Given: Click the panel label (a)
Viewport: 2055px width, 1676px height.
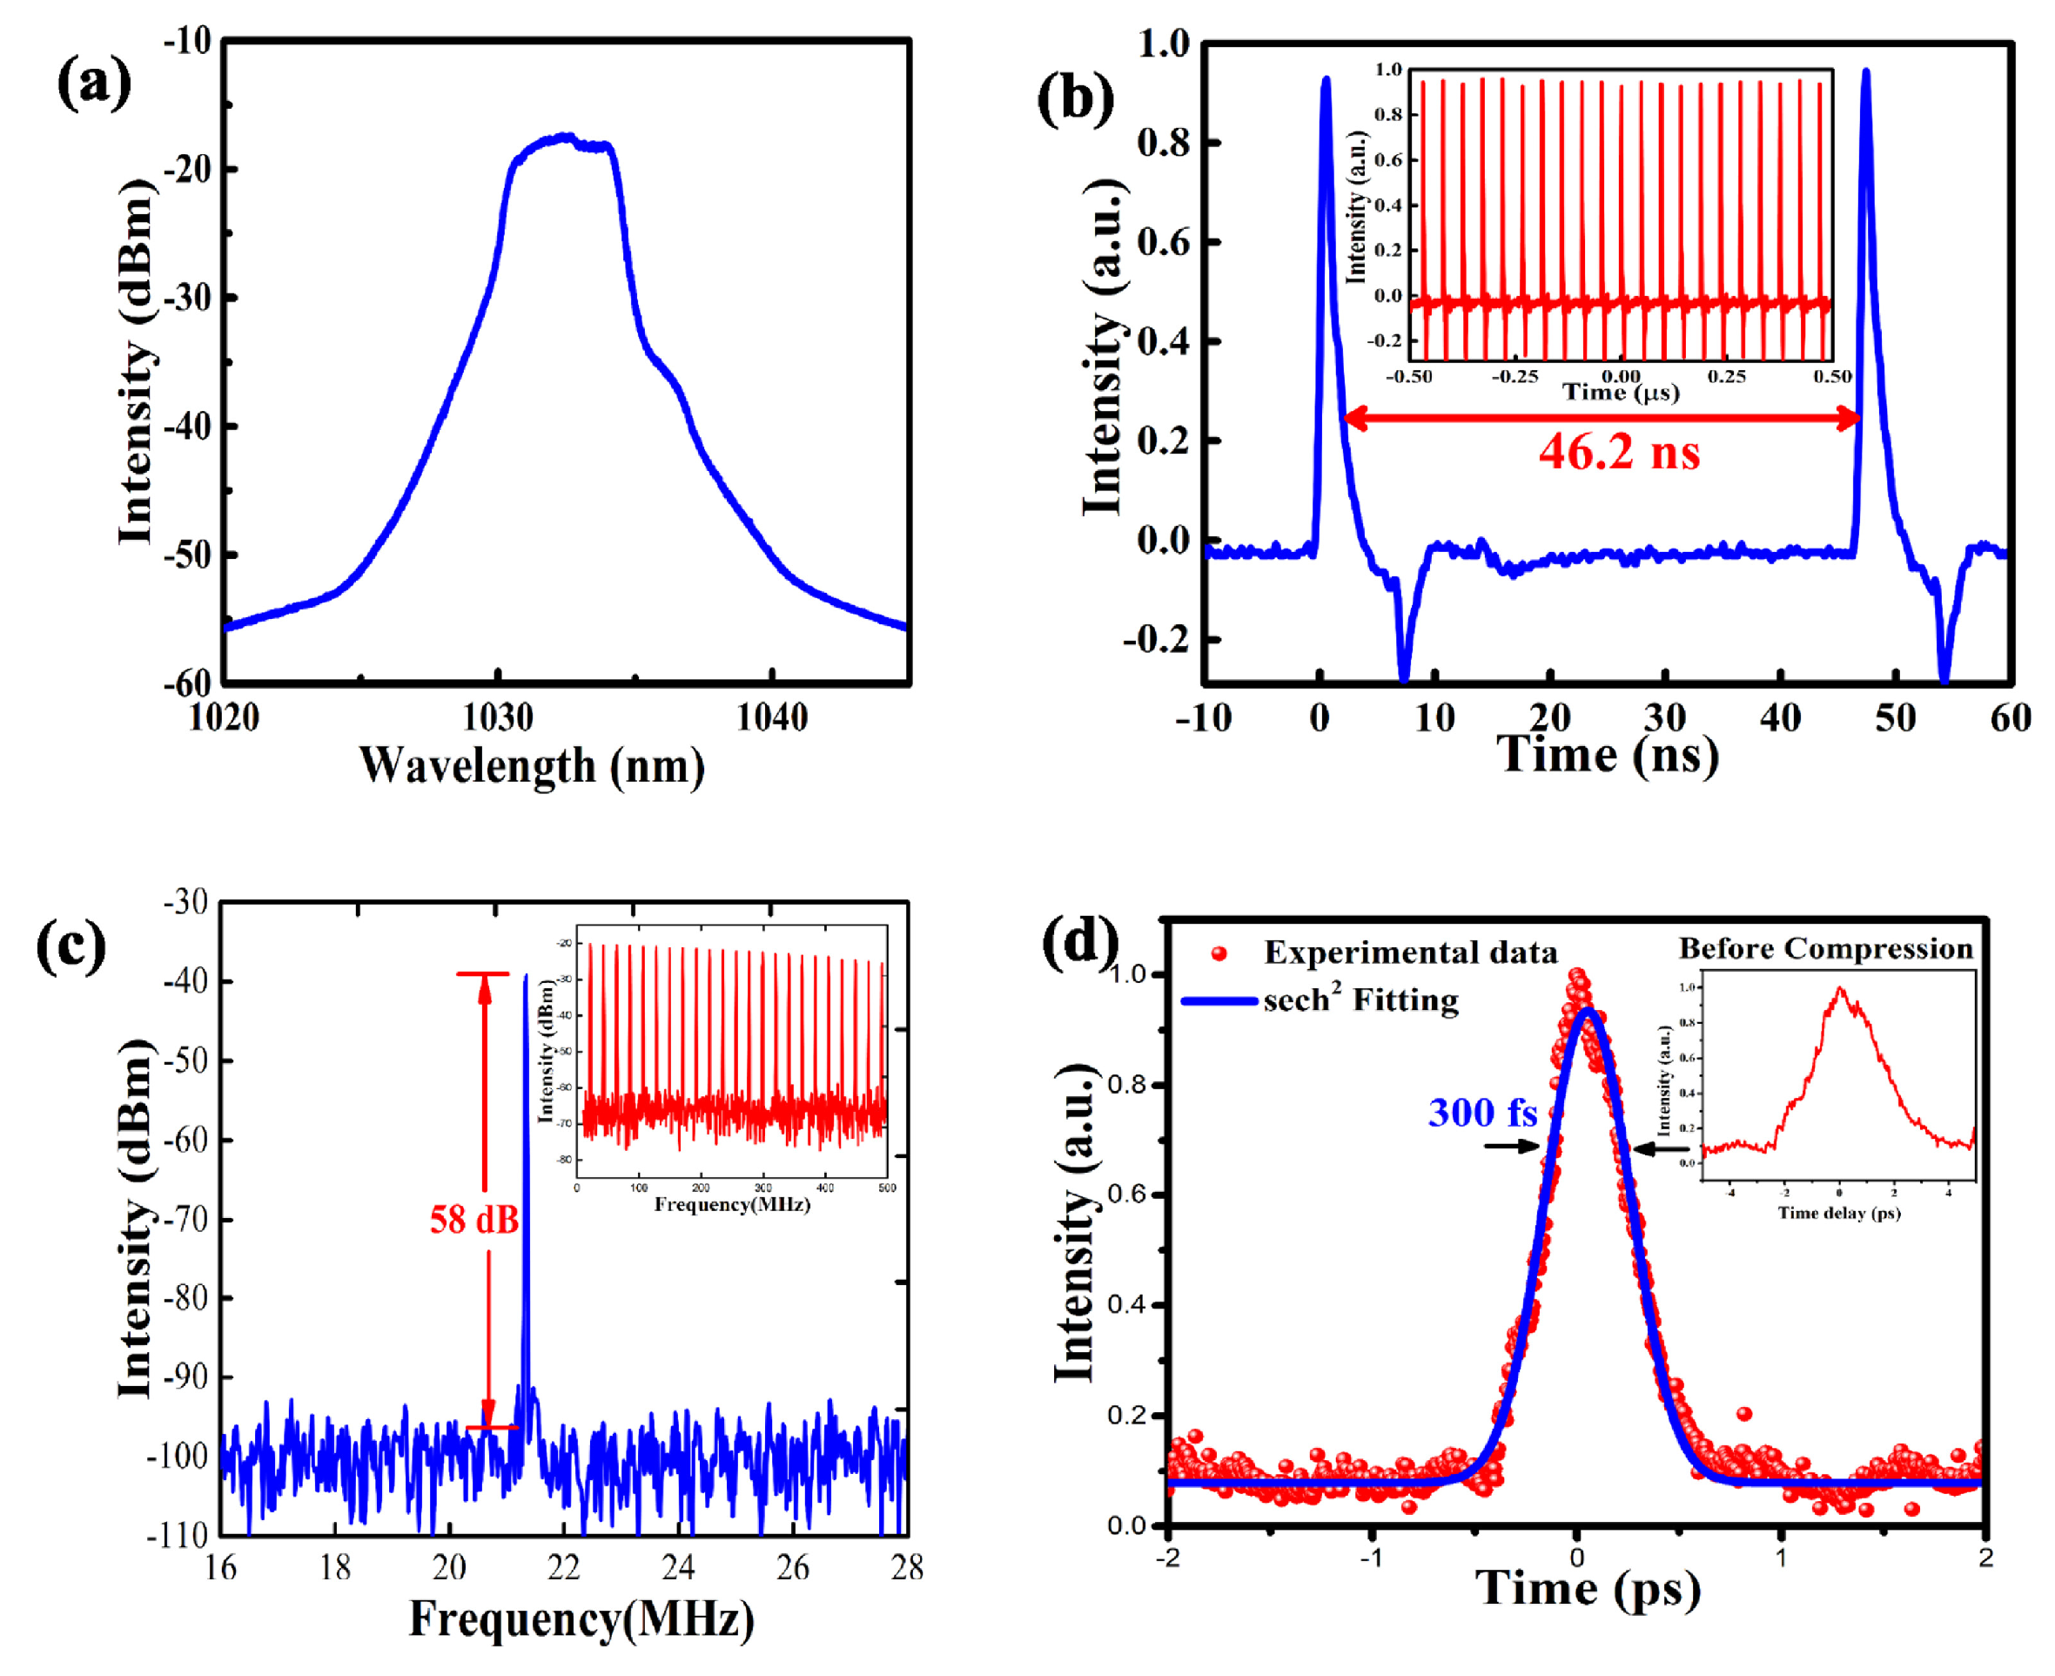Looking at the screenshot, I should [94, 82].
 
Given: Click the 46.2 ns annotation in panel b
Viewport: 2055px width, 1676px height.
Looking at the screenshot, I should [1619, 451].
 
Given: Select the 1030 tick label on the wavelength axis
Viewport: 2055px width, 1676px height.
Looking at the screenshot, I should [498, 717].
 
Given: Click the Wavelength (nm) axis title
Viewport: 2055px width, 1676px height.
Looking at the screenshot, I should [532, 765].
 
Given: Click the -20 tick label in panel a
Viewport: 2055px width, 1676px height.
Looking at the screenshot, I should [187, 170].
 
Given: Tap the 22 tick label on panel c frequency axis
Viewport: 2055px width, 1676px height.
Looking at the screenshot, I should [564, 1568].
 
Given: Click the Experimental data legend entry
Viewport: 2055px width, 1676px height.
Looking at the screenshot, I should [1410, 952].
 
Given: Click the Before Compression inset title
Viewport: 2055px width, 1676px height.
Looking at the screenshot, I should [1825, 948].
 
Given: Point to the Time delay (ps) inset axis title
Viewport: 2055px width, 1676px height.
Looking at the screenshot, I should [1839, 1213].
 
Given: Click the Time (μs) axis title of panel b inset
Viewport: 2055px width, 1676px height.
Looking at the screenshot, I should [1621, 392].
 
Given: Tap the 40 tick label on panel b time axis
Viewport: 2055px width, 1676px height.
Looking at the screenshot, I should [1780, 718].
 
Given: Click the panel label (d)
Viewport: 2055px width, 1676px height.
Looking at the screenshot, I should [1080, 941].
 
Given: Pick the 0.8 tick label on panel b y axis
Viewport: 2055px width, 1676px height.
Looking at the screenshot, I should [1163, 143].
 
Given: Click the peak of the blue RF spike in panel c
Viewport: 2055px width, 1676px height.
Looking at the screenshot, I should [525, 977].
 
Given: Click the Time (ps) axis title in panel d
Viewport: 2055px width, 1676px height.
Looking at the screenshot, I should [1588, 1588].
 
